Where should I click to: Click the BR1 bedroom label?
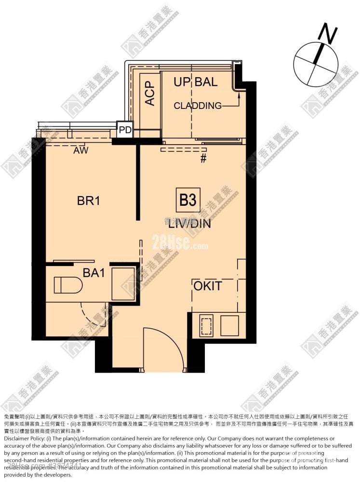click(88, 201)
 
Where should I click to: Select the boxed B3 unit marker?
click(187, 200)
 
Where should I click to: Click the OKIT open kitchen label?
click(208, 286)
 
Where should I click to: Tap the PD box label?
click(125, 130)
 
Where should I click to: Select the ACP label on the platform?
click(150, 93)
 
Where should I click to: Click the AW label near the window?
click(80, 150)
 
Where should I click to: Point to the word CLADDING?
click(198, 106)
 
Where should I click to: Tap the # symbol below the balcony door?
click(203, 159)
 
